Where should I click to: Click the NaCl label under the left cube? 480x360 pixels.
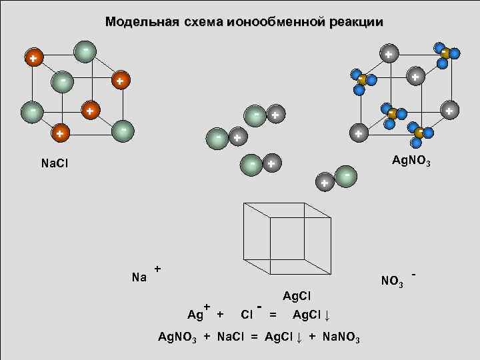coord(55,164)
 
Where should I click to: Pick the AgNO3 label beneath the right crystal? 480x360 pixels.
coord(411,160)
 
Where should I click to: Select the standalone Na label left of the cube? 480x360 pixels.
coord(139,278)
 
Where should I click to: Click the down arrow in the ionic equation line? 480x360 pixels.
coord(328,315)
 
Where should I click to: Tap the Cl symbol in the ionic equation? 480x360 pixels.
coord(247,314)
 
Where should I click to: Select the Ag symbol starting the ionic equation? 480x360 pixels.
coord(195,315)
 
